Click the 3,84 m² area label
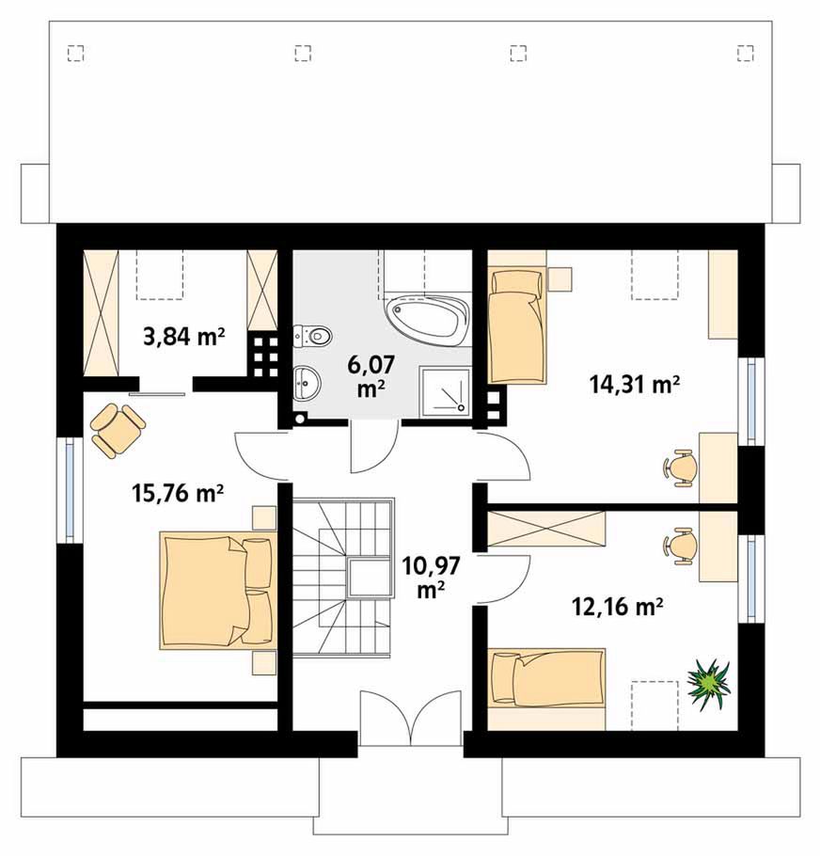tap(184, 338)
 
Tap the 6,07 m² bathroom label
tap(371, 375)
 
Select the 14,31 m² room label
tap(634, 385)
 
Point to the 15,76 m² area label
tap(178, 493)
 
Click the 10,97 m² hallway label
tap(430, 578)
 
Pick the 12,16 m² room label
tap(617, 606)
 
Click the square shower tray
tap(444, 390)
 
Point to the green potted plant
tap(707, 684)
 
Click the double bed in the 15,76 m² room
tap(216, 590)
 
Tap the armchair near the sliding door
tap(118, 429)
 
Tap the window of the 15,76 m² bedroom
tap(70, 489)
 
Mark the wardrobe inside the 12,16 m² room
tap(546, 529)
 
